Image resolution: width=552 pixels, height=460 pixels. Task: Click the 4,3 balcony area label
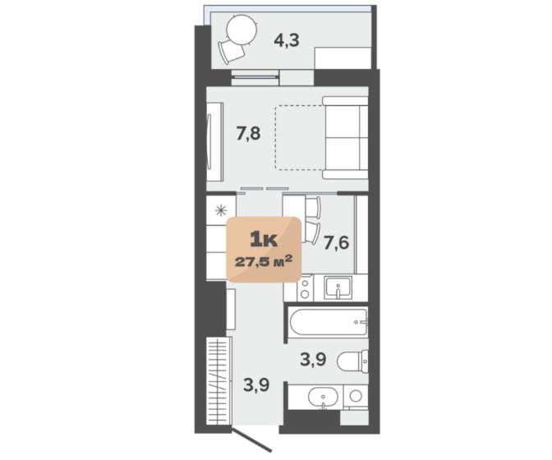click(x=287, y=40)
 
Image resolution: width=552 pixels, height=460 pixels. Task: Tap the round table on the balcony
click(x=242, y=30)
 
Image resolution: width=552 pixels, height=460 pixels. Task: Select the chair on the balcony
click(x=231, y=52)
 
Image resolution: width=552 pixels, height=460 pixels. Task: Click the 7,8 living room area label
click(x=249, y=134)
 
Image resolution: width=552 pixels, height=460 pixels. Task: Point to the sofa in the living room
click(x=345, y=138)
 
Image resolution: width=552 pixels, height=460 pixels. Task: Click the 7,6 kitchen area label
click(x=337, y=243)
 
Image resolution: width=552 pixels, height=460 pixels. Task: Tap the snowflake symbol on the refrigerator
click(x=221, y=211)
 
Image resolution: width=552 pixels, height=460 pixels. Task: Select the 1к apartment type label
click(x=264, y=240)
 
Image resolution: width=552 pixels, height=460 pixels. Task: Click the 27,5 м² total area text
click(x=264, y=262)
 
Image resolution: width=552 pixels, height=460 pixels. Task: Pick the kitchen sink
click(x=338, y=287)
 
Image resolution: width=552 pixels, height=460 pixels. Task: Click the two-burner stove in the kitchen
click(x=305, y=288)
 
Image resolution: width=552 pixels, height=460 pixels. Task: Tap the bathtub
click(x=329, y=322)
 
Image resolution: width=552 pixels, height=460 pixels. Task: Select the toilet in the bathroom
click(x=352, y=361)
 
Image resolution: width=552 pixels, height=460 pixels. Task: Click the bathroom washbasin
click(x=323, y=398)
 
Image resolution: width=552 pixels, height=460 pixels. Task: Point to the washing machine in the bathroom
click(x=356, y=397)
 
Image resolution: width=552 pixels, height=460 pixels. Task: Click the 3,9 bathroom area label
click(x=313, y=360)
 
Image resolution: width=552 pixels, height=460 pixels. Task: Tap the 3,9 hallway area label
click(x=256, y=384)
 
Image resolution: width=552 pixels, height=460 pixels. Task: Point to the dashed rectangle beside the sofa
click(x=300, y=138)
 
